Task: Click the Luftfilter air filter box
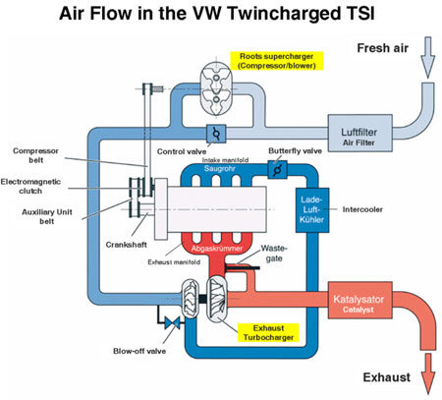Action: (x=359, y=133)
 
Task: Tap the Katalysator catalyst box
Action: (x=359, y=300)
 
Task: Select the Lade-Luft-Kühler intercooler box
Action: (x=312, y=210)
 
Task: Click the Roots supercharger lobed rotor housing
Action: (x=216, y=88)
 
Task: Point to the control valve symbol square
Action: (x=216, y=134)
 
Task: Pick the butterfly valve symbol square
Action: (x=277, y=170)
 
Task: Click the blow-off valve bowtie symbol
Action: (x=172, y=323)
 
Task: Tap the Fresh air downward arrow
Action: (x=427, y=58)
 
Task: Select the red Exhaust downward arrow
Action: (x=428, y=373)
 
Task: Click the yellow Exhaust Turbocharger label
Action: (x=268, y=333)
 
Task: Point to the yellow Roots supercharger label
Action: (x=277, y=61)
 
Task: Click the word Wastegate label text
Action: (x=274, y=254)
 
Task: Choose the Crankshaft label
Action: (x=126, y=245)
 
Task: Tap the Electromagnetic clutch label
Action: (x=30, y=186)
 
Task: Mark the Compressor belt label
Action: (x=35, y=155)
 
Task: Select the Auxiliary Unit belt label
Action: (x=47, y=216)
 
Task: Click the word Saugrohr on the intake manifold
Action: (x=220, y=168)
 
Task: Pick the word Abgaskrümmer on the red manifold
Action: (x=217, y=249)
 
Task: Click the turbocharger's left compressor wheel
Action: (x=190, y=298)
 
